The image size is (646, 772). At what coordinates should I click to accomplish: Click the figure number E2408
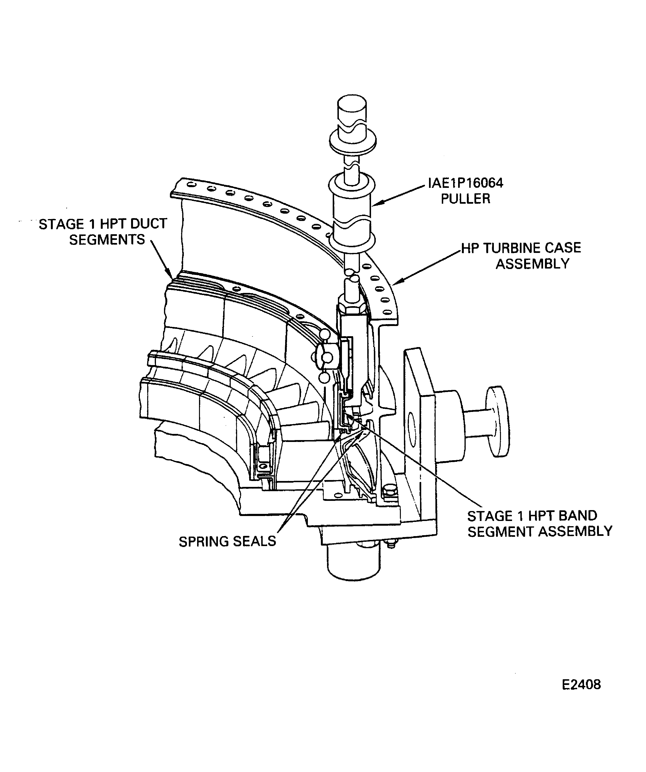click(581, 684)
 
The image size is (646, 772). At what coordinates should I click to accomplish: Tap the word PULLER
click(465, 199)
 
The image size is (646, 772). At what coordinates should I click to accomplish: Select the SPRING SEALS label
click(227, 542)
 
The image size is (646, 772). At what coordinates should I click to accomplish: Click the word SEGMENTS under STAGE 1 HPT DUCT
click(107, 240)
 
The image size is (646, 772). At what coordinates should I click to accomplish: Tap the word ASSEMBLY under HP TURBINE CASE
click(532, 264)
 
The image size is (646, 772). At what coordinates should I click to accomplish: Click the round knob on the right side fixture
click(498, 421)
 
